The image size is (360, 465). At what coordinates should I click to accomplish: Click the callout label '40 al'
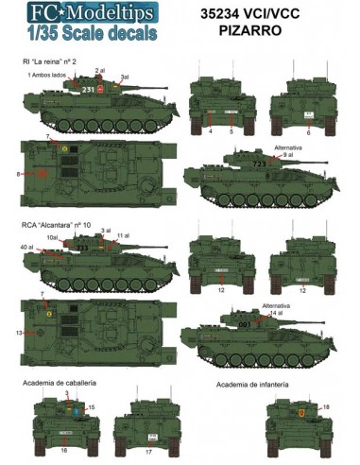tap(26, 248)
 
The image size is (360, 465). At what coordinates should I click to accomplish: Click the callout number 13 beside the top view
tap(20, 333)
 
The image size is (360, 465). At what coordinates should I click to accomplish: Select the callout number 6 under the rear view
tap(308, 132)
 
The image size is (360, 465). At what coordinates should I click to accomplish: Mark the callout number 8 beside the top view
tap(20, 175)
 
